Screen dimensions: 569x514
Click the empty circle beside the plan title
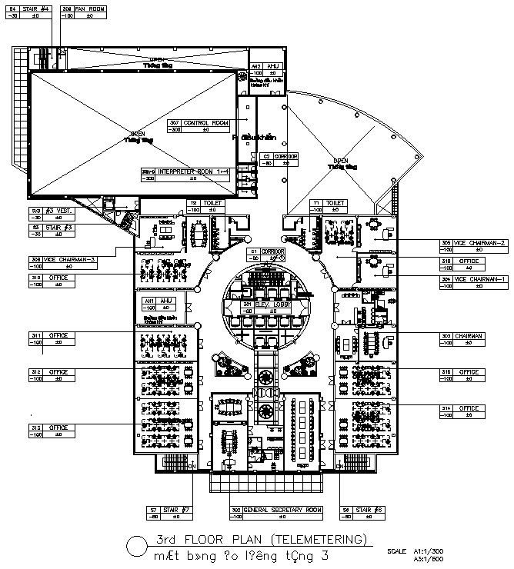(x=135, y=545)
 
